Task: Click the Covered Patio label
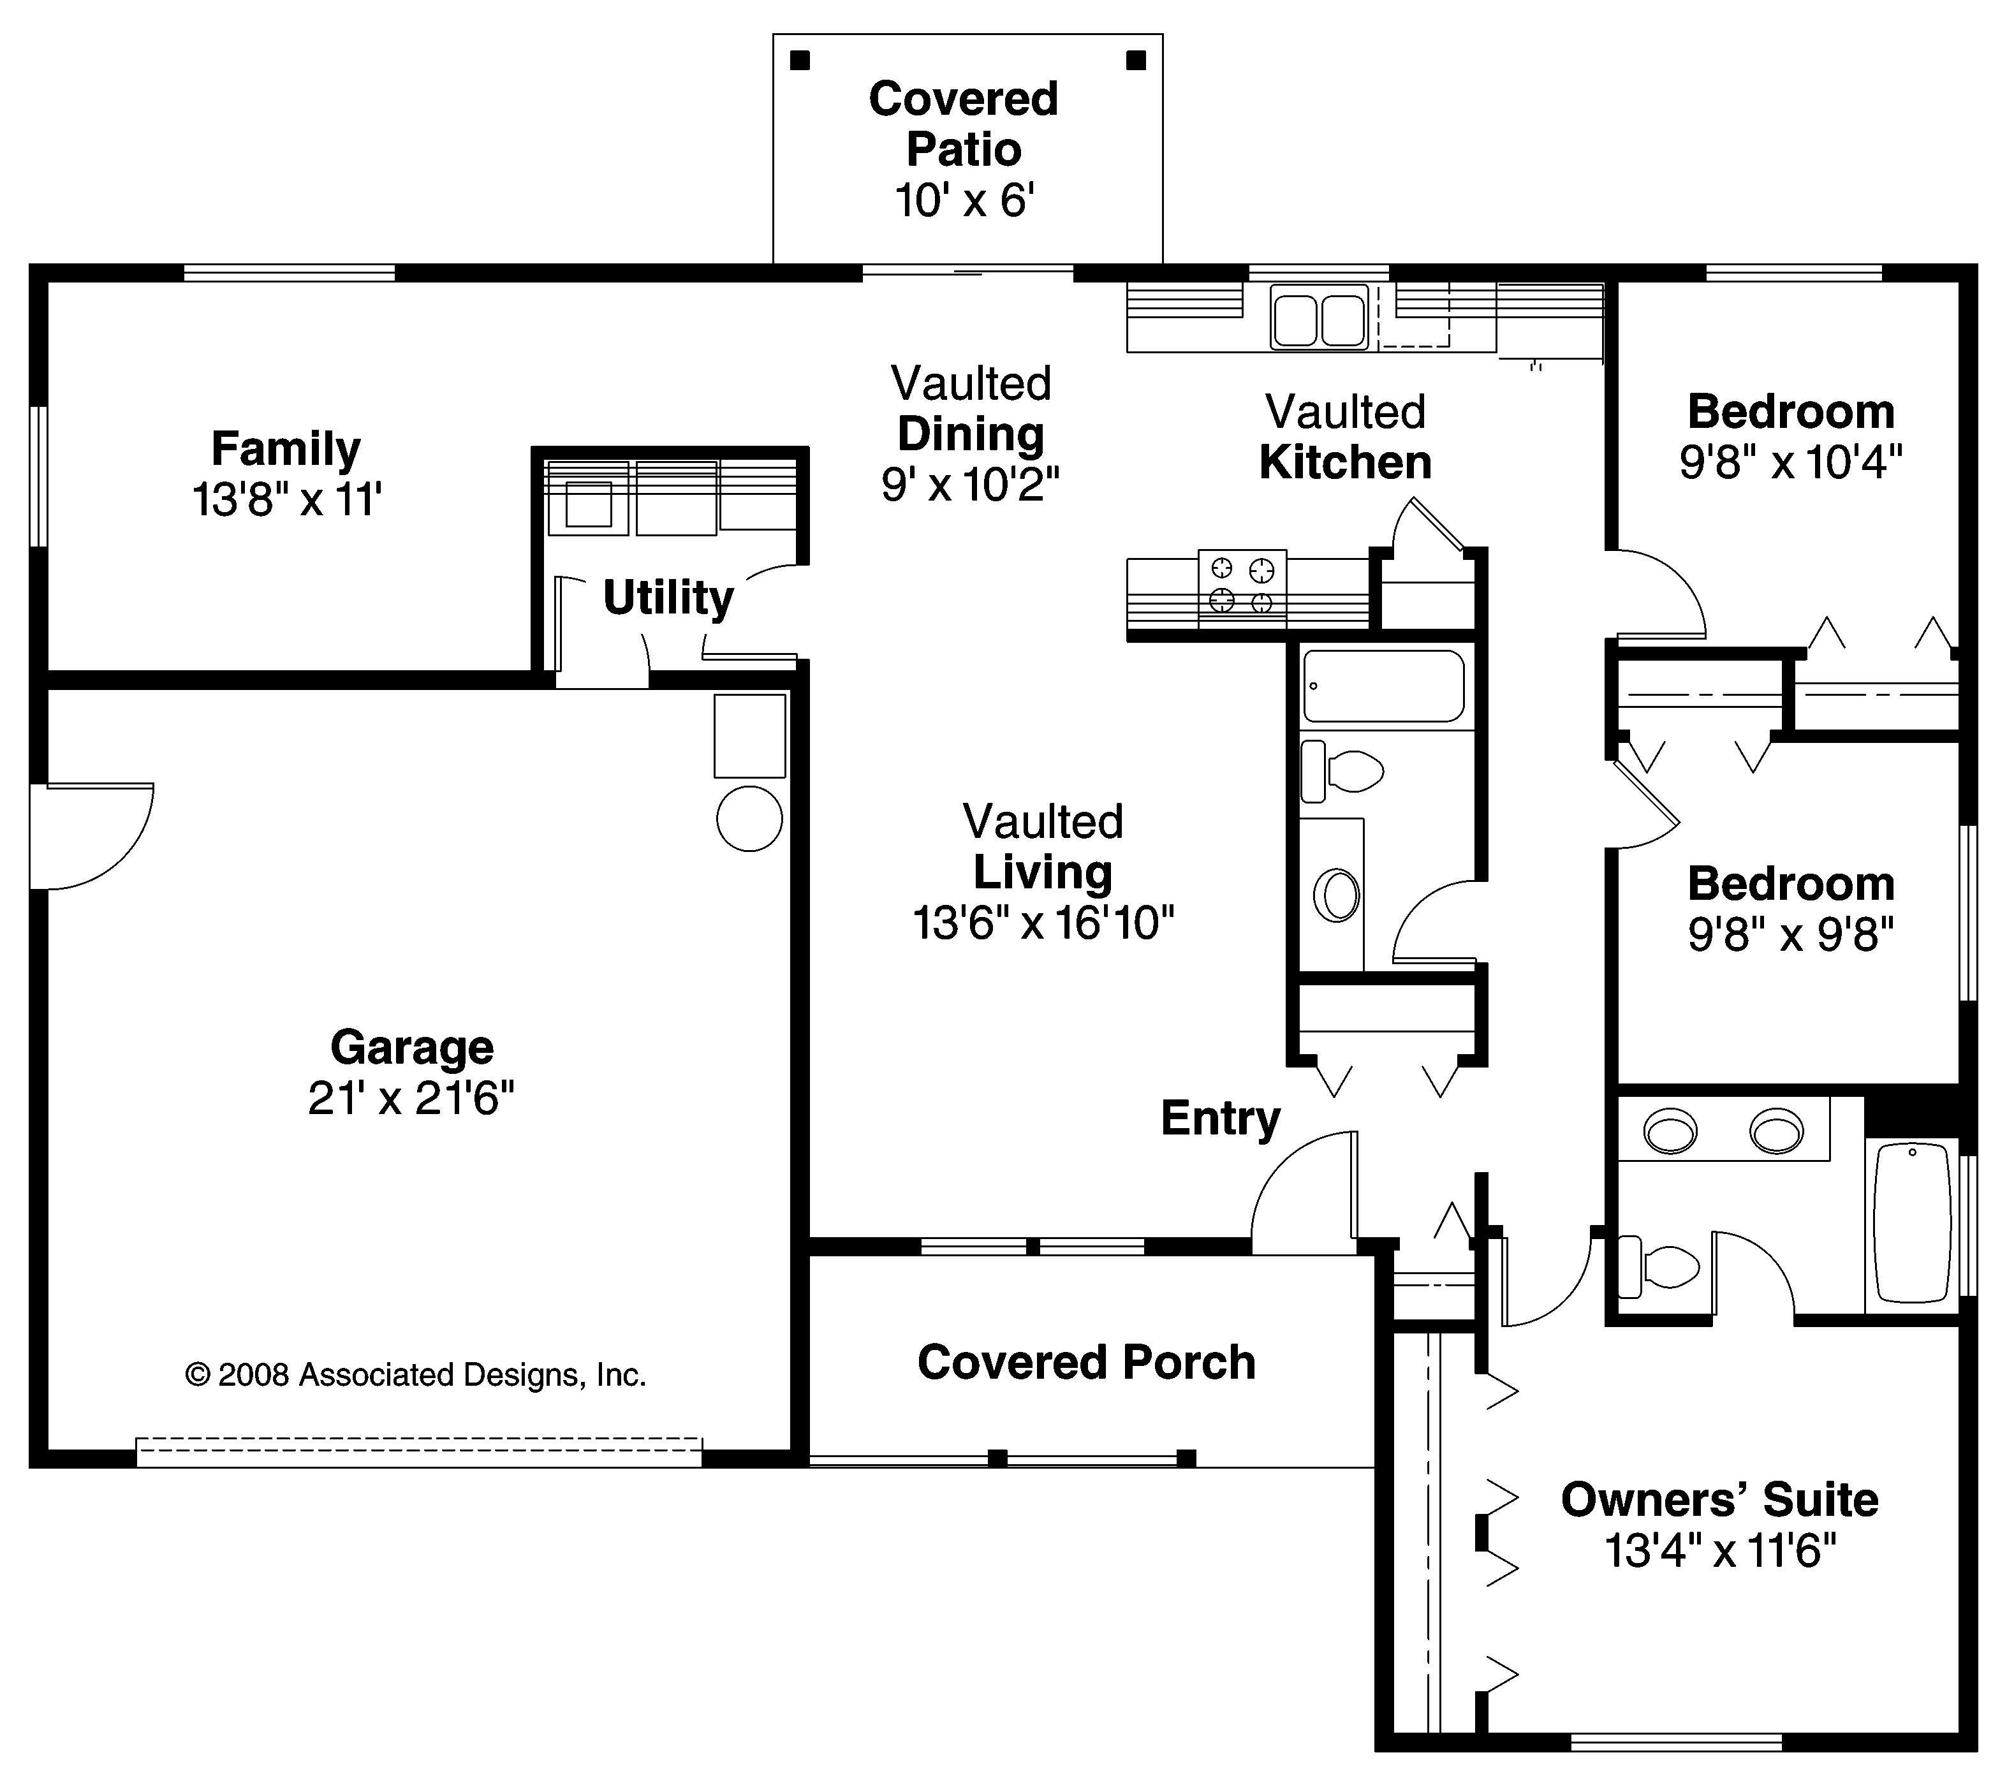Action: point(963,124)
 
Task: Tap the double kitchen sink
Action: point(1319,317)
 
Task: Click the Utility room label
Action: point(668,597)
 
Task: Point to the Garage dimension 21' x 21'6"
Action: point(411,1099)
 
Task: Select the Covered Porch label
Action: point(1086,1363)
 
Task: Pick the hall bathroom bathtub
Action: point(1383,686)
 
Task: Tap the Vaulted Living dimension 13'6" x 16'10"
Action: point(1043,923)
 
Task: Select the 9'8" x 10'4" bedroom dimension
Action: point(1790,462)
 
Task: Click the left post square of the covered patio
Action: point(800,61)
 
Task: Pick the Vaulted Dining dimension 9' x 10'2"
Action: point(970,484)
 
